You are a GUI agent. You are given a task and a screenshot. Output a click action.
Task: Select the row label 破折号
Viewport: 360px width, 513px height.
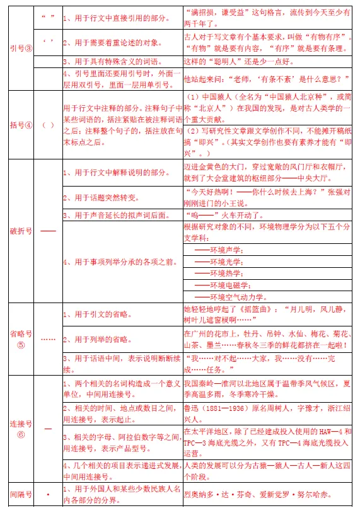(20, 231)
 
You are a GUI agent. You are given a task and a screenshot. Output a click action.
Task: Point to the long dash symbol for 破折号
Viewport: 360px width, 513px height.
(48, 231)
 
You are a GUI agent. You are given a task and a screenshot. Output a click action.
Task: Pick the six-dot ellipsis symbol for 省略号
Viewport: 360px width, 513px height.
(48, 338)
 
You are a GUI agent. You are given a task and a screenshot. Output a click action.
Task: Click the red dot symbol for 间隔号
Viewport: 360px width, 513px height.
(48, 494)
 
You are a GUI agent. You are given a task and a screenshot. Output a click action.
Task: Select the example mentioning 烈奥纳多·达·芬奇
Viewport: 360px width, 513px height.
(257, 495)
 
